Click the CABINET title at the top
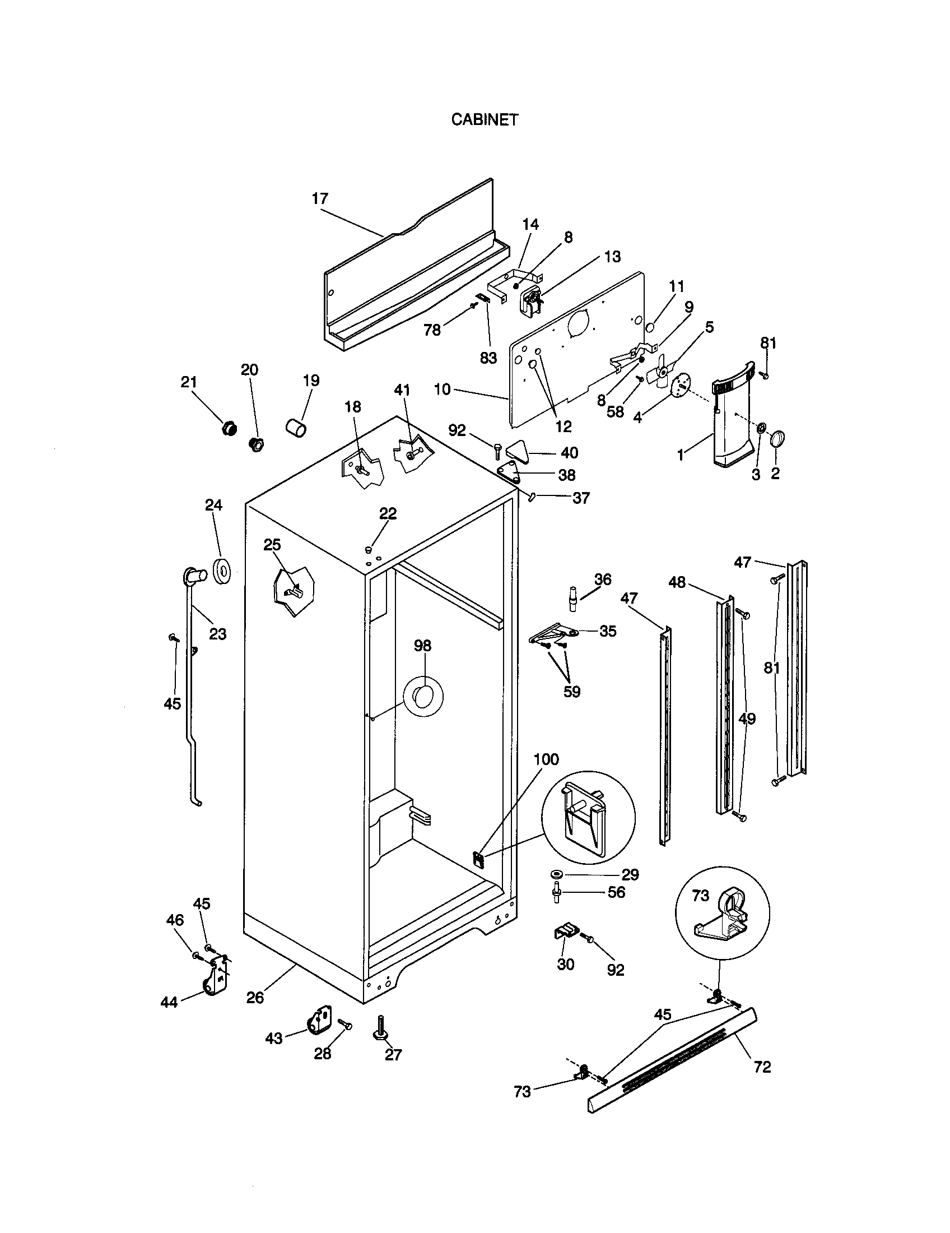[484, 120]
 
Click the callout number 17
[320, 199]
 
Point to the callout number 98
[422, 646]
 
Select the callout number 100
[546, 759]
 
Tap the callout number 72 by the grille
[762, 1067]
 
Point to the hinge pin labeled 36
[573, 598]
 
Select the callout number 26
[255, 998]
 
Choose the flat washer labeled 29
[556, 874]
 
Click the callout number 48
[677, 582]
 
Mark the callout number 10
[443, 390]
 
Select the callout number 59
[572, 692]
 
